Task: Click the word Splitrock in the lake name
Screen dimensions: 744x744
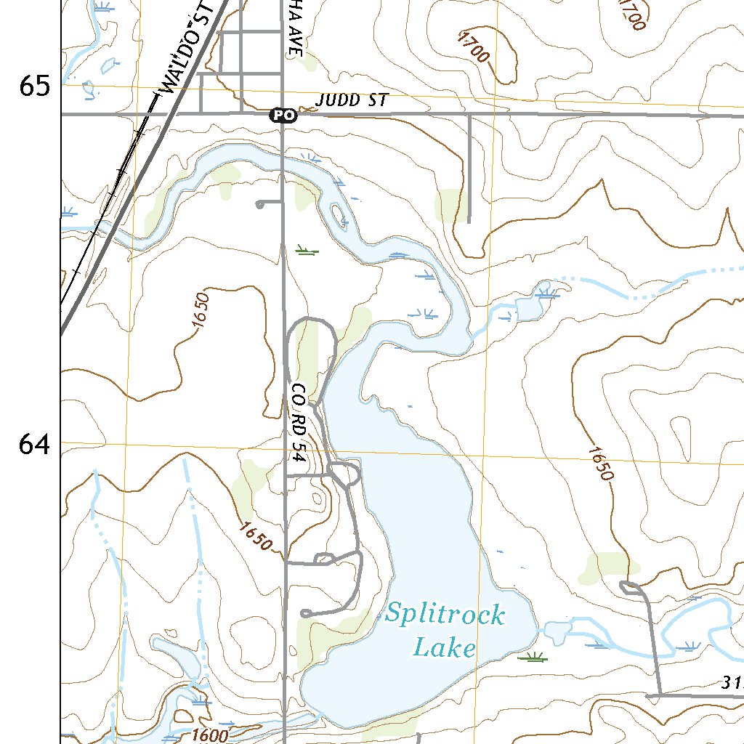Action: tap(444, 615)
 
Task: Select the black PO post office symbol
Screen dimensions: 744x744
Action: tap(283, 115)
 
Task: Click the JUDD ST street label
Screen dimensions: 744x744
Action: tap(353, 100)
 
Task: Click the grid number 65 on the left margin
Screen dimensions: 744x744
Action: tap(35, 86)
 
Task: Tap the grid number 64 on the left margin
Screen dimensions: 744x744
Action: tap(35, 444)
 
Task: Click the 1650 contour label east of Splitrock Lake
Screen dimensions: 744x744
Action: tap(601, 463)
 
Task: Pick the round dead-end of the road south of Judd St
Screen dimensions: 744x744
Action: tap(259, 205)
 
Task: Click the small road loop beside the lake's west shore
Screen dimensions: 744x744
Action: tap(346, 474)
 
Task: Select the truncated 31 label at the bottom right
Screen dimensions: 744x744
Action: tap(732, 683)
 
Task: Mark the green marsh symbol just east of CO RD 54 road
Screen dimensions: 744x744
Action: tap(307, 251)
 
